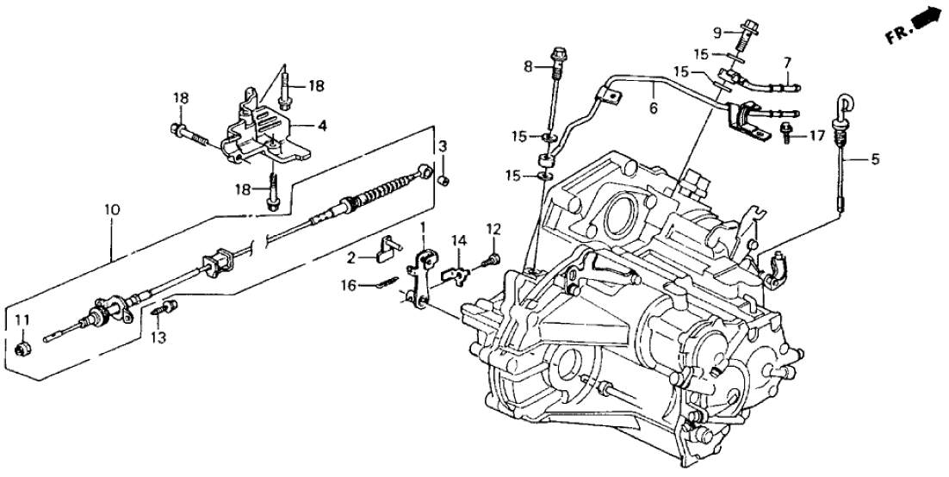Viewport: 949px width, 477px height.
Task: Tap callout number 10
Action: click(x=112, y=208)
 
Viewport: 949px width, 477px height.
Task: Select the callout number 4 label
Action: click(x=322, y=126)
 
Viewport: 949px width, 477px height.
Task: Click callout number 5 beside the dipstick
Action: click(x=875, y=158)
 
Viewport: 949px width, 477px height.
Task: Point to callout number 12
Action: click(x=493, y=229)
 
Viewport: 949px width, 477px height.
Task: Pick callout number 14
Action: click(x=459, y=240)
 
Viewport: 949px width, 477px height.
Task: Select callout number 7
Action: click(x=785, y=62)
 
